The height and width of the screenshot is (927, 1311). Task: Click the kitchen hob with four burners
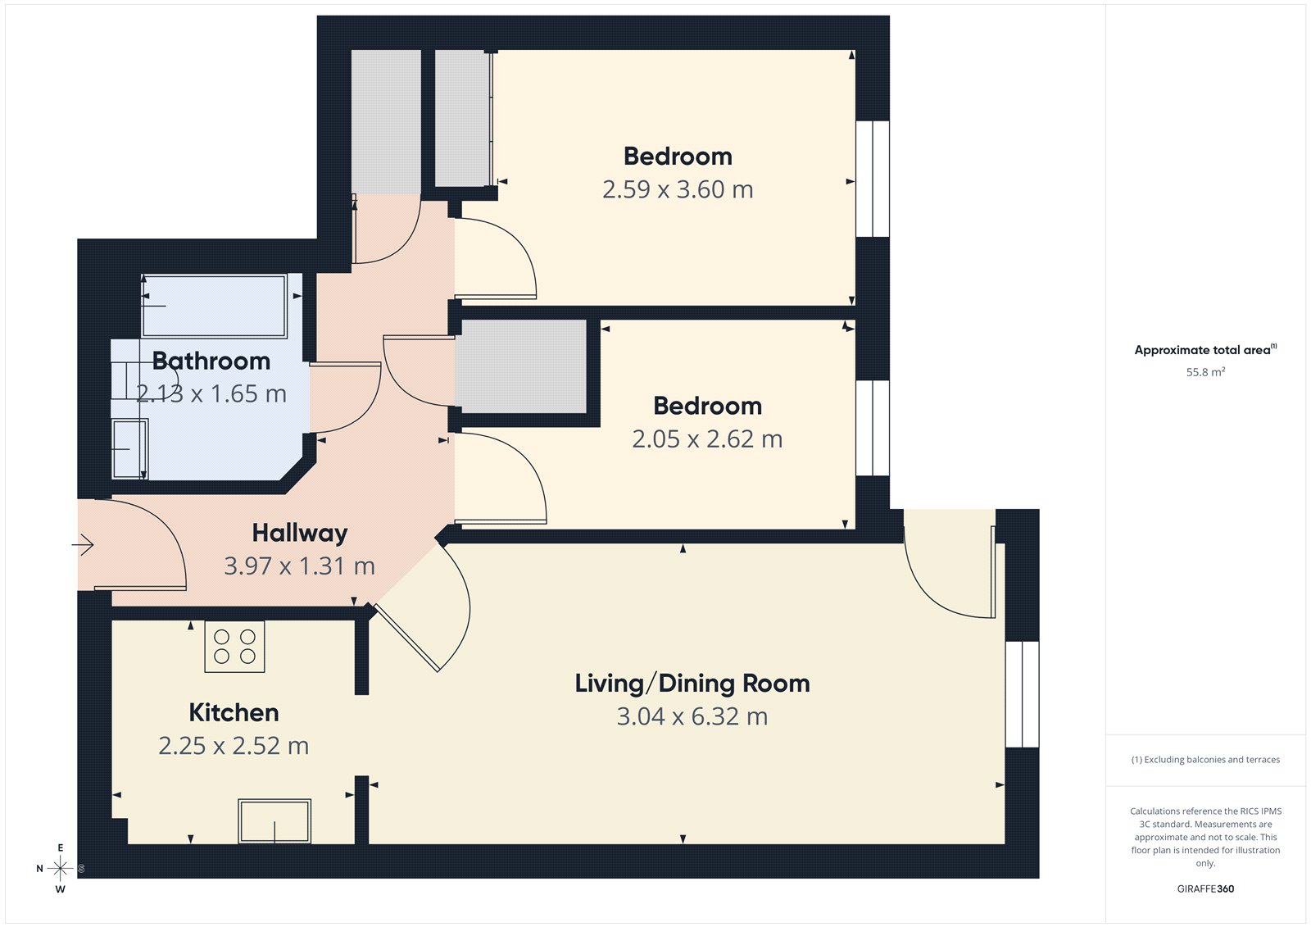234,647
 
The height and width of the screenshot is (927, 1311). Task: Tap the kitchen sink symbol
274,820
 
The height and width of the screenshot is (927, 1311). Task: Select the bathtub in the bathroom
214,306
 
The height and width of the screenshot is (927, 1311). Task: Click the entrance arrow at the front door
83,544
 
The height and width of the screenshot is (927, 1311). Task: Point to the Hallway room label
299,533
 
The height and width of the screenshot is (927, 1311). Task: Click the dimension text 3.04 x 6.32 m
692,716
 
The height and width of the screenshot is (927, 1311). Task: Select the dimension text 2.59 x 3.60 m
677,189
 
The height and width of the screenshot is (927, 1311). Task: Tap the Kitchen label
234,712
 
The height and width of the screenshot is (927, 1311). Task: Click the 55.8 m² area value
1204,372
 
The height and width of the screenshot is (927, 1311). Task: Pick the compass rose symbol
60,868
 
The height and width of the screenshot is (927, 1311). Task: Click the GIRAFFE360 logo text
1204,888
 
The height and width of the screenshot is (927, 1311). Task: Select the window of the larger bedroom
873,179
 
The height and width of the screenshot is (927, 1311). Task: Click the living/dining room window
1022,693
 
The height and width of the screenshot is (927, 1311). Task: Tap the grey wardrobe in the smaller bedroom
521,366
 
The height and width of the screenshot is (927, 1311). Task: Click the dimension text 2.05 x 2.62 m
706,439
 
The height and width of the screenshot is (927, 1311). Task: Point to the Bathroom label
211,361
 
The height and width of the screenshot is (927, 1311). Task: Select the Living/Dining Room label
692,683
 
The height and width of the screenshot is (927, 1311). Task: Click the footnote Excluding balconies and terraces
1204,760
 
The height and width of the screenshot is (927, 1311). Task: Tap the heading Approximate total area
1203,350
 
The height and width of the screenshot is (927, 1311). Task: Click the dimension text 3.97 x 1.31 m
299,566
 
